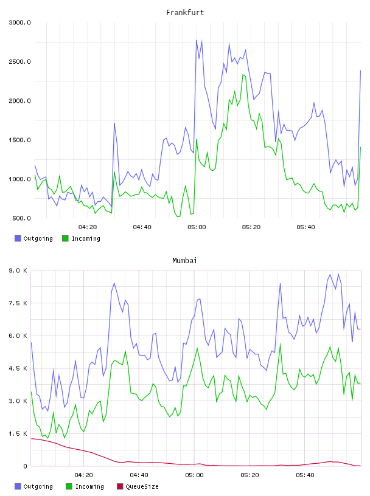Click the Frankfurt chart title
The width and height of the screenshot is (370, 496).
point(185,13)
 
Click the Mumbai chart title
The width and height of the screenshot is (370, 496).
point(184,261)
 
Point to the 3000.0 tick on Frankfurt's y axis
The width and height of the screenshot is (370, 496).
point(19,22)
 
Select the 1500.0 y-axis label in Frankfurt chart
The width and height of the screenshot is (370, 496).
point(19,140)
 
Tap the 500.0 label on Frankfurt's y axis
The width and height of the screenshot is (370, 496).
point(21,218)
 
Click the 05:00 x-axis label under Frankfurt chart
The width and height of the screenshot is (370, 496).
point(197,227)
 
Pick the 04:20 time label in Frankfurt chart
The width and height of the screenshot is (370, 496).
point(88,227)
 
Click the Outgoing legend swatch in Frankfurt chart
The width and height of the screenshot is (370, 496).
point(18,238)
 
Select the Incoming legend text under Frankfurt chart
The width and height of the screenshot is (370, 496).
point(86,239)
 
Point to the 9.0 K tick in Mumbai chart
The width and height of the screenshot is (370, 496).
point(18,270)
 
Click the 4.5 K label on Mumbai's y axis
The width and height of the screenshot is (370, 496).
point(18,368)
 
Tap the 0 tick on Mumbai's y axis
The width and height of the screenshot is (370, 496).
point(25,466)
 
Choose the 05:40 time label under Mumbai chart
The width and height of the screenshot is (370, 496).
point(305,475)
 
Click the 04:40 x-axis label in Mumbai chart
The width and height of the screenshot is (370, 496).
point(139,475)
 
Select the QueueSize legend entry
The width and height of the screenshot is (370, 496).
point(138,486)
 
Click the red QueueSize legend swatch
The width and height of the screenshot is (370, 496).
point(120,486)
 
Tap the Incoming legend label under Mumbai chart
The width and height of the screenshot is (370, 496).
point(89,487)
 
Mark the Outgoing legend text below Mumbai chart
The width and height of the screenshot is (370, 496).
point(38,487)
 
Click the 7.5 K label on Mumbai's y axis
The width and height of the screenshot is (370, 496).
point(18,303)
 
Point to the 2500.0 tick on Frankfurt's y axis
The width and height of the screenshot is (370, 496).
point(19,61)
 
